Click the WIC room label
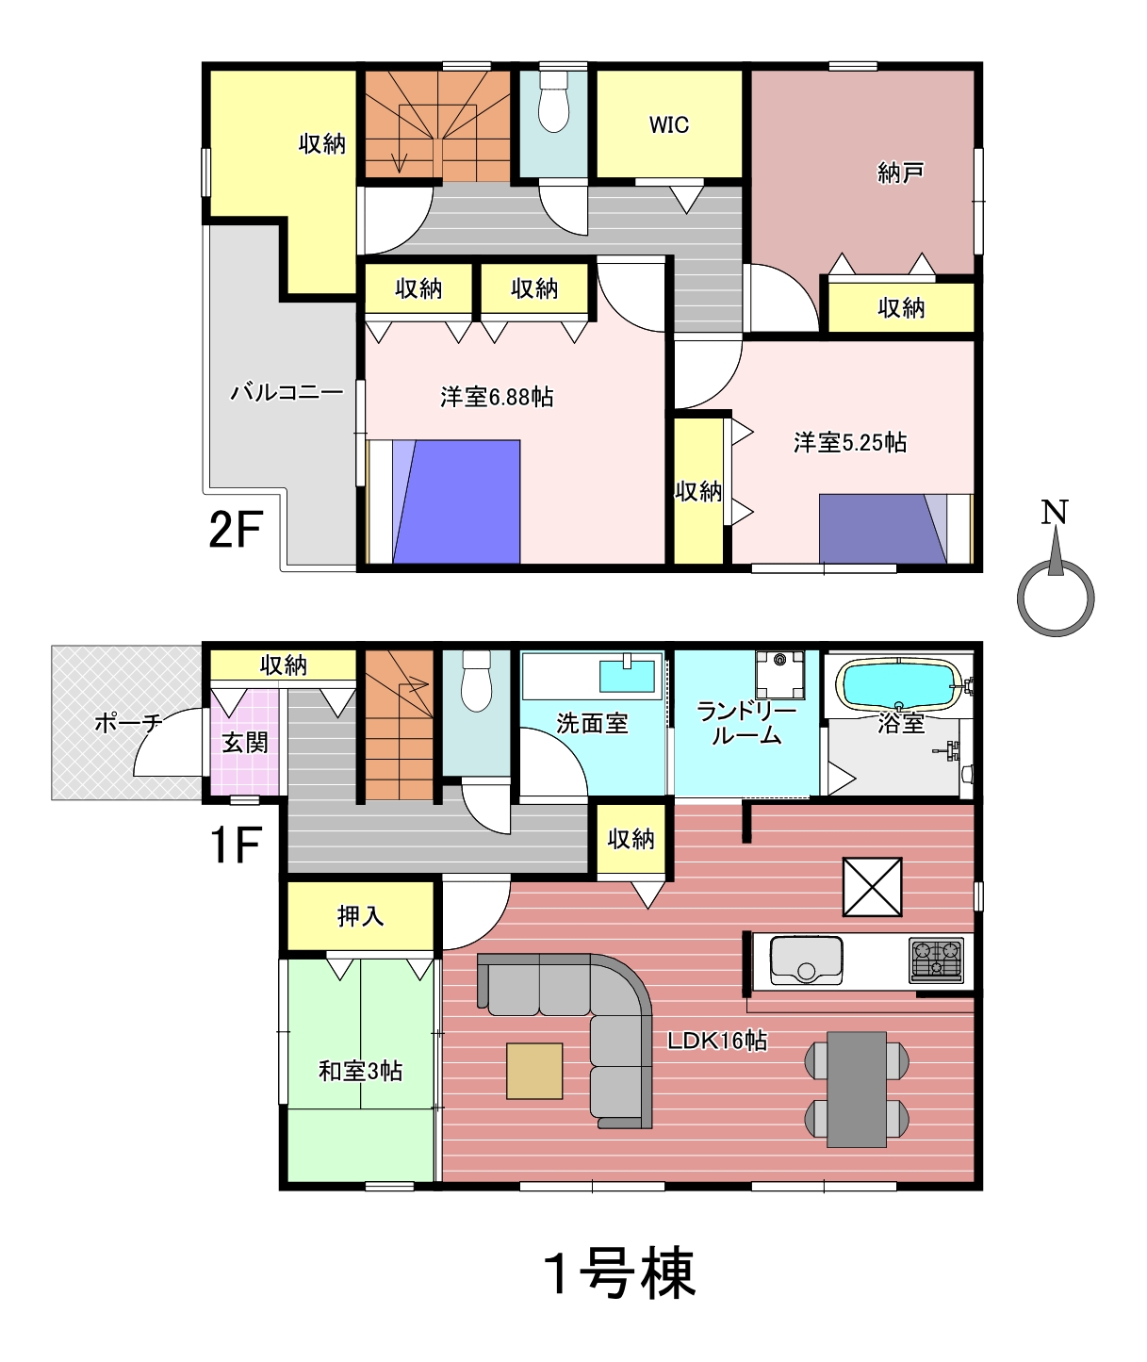[x=669, y=124]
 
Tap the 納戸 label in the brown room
[x=900, y=172]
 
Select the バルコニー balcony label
[x=287, y=392]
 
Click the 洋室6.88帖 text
[x=498, y=397]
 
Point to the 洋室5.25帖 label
[x=850, y=442]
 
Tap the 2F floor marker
[x=236, y=529]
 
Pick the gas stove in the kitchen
[x=936, y=960]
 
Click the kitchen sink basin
[x=806, y=960]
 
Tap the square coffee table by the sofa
[x=535, y=1071]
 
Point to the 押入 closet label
[x=360, y=916]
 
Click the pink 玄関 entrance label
[x=245, y=743]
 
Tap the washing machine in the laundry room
[x=779, y=674]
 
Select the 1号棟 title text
[x=620, y=1273]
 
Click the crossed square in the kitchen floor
[x=873, y=887]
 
